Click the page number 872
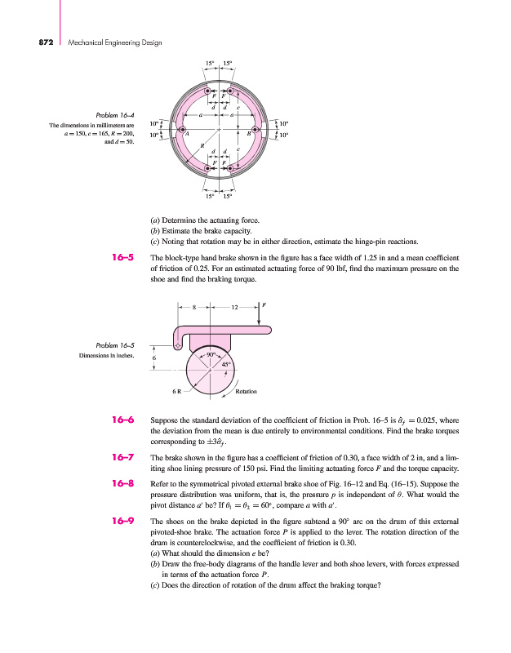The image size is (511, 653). [x=24, y=42]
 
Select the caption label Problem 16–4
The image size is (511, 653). [x=114, y=115]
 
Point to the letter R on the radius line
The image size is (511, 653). [x=202, y=144]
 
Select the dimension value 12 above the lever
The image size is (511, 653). [x=233, y=308]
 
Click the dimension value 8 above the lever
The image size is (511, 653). [x=193, y=308]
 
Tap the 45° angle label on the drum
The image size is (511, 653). [x=229, y=365]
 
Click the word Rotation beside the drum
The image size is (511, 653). [x=247, y=392]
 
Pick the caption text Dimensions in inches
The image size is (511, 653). [x=105, y=355]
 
